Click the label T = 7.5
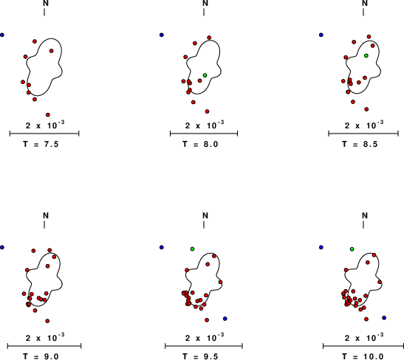pos(41,144)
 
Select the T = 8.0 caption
pos(200,144)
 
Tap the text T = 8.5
pos(360,144)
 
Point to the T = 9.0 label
pos(41,356)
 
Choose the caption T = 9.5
pos(200,356)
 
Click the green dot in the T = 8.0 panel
pos(205,75)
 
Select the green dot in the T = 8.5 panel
pos(366,55)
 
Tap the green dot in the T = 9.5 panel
pos(192,249)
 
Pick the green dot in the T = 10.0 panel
pos(352,249)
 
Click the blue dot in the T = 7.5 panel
pos(2,35)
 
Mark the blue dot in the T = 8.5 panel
pos(321,35)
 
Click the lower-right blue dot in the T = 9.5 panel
pos(225,319)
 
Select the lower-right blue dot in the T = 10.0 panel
pos(384,318)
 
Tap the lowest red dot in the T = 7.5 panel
pos(48,115)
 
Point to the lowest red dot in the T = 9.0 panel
pos(47,321)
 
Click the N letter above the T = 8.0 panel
pos(205,3)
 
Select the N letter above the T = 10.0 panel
pos(365,215)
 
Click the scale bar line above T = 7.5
pos(44,134)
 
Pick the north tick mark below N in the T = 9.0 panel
pos(44,225)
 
